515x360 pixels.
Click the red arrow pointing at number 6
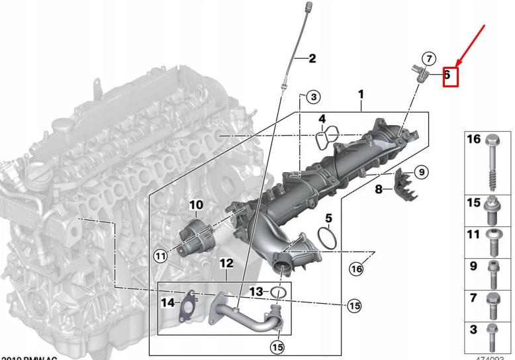[x=472, y=46]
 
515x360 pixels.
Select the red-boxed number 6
[x=447, y=75]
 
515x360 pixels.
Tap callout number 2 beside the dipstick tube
[x=312, y=59]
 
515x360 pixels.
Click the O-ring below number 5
[x=326, y=239]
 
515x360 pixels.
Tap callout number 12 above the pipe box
[x=226, y=263]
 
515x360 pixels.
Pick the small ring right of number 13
[x=279, y=292]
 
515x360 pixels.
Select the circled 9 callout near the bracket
[x=421, y=173]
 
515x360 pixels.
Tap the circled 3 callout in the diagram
[x=313, y=98]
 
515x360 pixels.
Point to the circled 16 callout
[x=357, y=268]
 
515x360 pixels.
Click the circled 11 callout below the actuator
[x=160, y=256]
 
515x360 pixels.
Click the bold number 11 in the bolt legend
[x=473, y=235]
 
